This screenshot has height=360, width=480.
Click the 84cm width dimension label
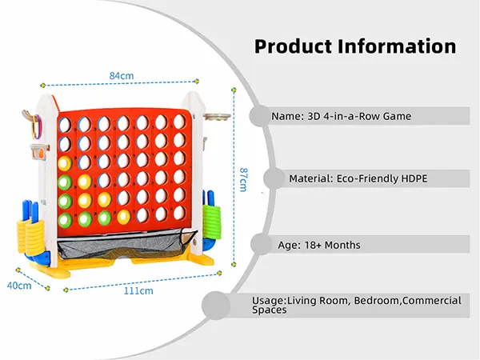pos(121,75)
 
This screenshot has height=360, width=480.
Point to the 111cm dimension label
pos(139,291)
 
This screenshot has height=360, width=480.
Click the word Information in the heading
pos(396,46)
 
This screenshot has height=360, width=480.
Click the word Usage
pos(267,300)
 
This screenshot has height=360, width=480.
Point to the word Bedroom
pos(375,300)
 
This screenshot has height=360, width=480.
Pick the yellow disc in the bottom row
pos(123,217)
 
